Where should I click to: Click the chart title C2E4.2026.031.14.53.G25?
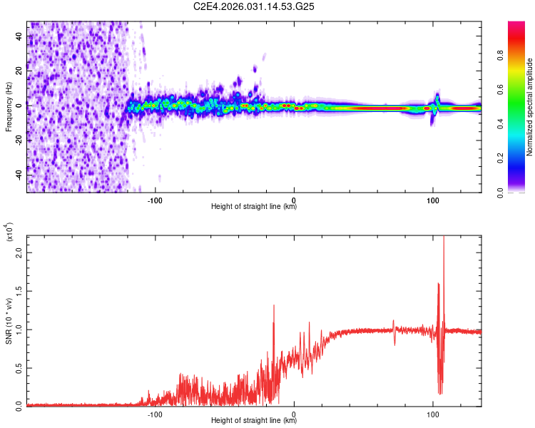pos(255,6)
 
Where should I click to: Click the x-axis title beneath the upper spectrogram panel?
pos(254,207)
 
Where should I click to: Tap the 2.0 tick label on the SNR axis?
pos(19,253)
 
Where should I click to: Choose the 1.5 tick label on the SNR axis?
pos(19,292)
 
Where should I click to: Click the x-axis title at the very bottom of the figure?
pos(254,421)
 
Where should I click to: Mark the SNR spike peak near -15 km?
pos(274,305)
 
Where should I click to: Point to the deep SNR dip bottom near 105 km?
pos(440,393)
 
